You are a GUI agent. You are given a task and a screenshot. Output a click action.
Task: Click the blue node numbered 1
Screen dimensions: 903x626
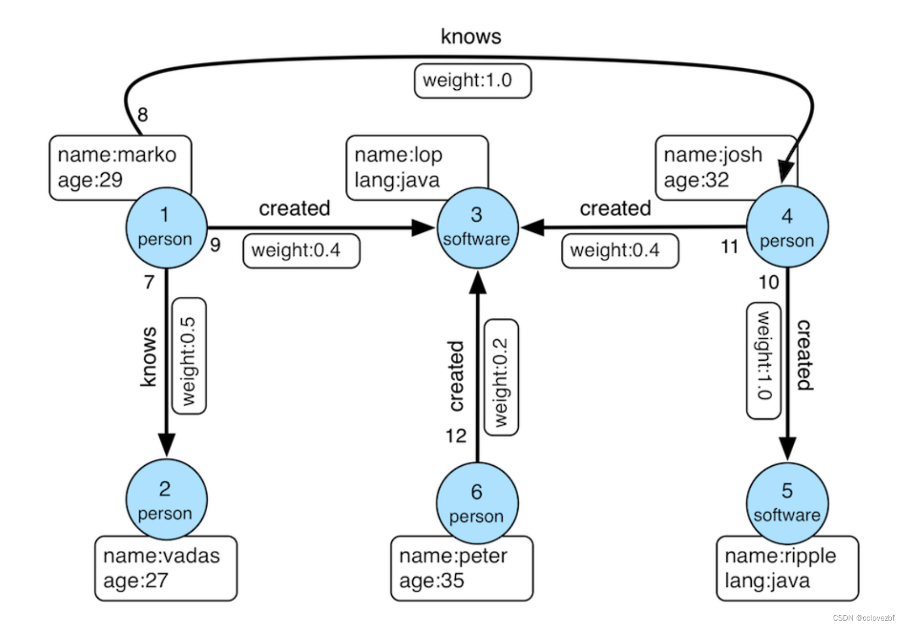[166, 228]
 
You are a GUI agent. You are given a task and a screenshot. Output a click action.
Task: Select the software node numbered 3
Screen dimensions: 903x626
[477, 228]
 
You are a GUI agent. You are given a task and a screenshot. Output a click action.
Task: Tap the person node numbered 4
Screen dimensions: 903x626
[787, 227]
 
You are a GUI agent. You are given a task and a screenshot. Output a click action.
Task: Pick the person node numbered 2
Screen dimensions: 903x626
[166, 500]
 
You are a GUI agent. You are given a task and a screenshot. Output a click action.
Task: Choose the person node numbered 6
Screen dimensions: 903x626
[477, 503]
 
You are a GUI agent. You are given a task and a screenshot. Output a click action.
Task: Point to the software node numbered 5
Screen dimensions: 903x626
[787, 503]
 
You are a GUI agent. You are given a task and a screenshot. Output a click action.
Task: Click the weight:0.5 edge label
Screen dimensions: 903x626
[189, 356]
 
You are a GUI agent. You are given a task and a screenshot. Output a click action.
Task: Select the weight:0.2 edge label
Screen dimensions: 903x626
[501, 378]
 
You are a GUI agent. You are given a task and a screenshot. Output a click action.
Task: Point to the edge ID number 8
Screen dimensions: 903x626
[143, 115]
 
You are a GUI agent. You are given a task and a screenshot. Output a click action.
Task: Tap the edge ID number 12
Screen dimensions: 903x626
[456, 436]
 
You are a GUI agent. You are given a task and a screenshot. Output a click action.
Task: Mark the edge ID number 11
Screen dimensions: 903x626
[730, 246]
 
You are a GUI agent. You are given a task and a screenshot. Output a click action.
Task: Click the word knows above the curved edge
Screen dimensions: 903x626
[471, 37]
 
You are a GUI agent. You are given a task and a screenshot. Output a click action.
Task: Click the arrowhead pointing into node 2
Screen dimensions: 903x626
[166, 445]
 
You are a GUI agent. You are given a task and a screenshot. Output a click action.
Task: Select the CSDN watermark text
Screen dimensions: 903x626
[864, 617]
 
